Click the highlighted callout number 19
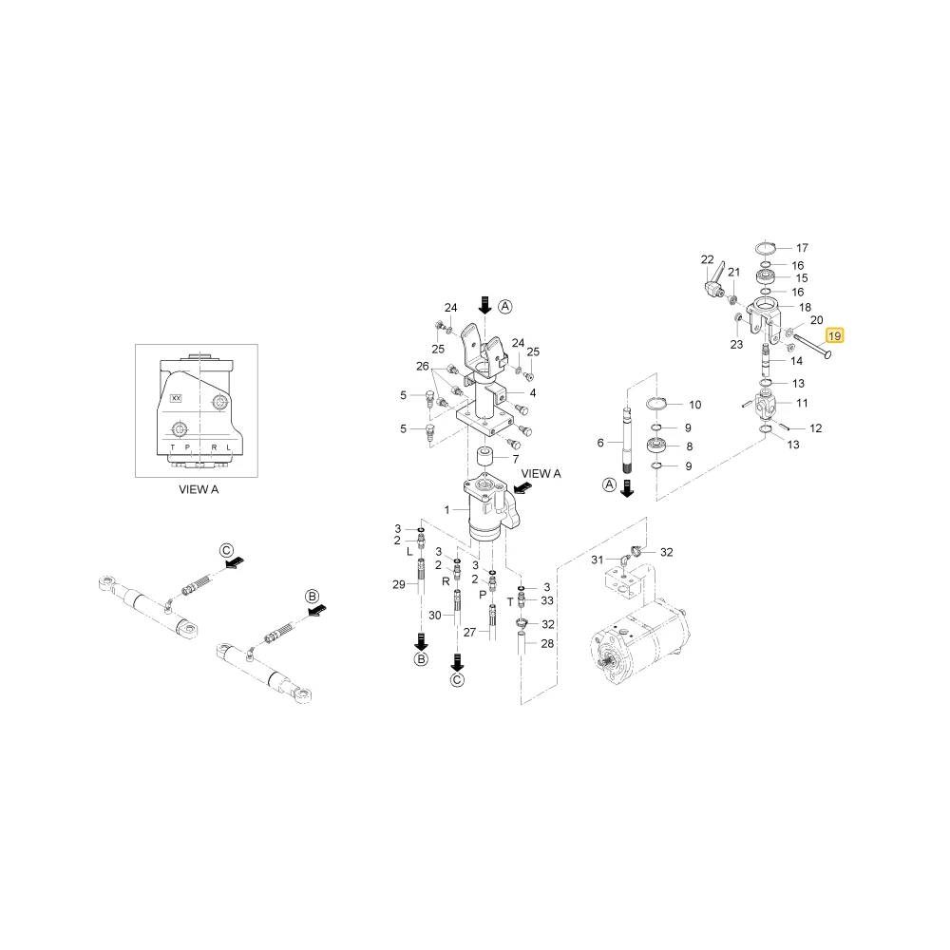(834, 335)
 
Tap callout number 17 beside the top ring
(802, 248)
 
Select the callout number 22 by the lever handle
(707, 259)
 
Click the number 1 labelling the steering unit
(447, 510)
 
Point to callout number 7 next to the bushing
(516, 459)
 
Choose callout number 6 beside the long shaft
(600, 443)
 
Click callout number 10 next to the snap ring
(695, 405)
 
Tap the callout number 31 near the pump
(598, 560)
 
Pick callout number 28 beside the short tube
(547, 643)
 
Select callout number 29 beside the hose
(399, 584)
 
